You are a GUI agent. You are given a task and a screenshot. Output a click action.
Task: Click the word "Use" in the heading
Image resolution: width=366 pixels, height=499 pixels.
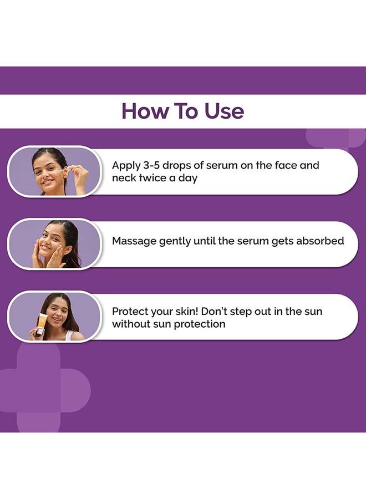(224, 111)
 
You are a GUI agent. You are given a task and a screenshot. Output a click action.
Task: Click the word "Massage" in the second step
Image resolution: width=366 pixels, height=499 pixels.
(134, 241)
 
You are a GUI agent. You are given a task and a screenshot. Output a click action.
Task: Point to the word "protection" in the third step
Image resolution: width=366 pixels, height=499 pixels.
(200, 324)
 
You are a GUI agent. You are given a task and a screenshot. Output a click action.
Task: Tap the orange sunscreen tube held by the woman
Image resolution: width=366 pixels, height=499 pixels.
(40, 324)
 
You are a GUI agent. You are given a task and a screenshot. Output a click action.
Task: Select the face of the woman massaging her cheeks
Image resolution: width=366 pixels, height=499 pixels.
(52, 245)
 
